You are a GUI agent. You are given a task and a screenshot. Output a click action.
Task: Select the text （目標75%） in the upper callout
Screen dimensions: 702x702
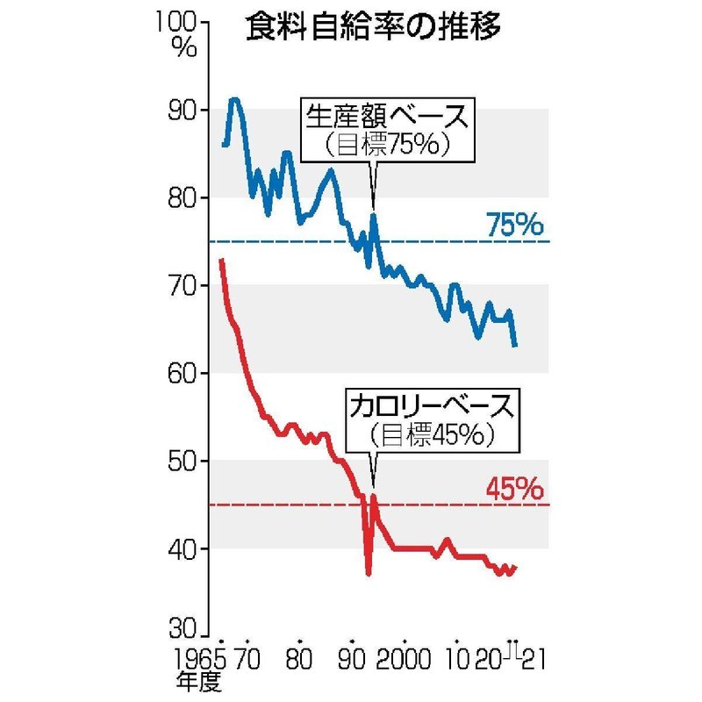(x=387, y=145)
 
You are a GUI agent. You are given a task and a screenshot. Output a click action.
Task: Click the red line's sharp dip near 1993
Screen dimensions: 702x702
(x=369, y=573)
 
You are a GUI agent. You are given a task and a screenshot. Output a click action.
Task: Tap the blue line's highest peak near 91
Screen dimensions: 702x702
(x=234, y=100)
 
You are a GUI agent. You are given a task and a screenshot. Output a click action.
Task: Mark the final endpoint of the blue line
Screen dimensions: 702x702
(x=516, y=346)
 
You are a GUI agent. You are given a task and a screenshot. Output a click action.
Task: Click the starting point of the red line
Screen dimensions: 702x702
(x=221, y=260)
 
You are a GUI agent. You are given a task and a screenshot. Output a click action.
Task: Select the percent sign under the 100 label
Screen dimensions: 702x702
(x=185, y=48)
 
